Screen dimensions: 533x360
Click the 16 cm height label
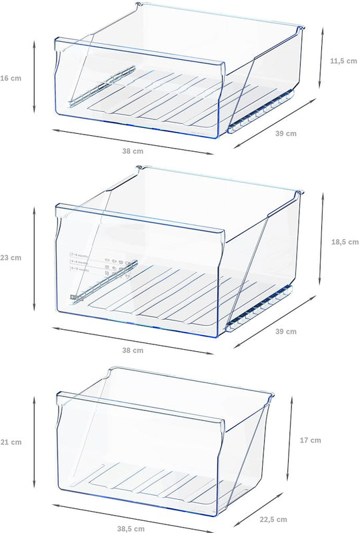coord(11,78)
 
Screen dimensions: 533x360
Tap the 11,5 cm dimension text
coord(344,61)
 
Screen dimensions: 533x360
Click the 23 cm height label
coord(11,257)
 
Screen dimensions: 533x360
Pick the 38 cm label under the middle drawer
coord(133,350)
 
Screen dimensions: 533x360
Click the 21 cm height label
coord(11,442)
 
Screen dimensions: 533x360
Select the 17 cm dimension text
coord(311,440)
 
